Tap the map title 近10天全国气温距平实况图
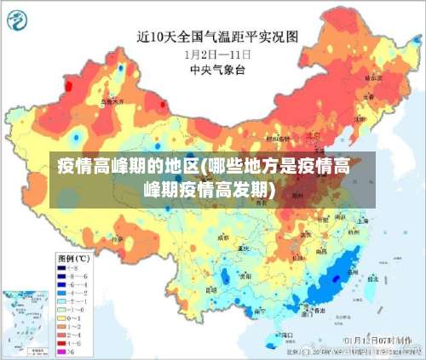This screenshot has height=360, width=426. coord(218,37)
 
